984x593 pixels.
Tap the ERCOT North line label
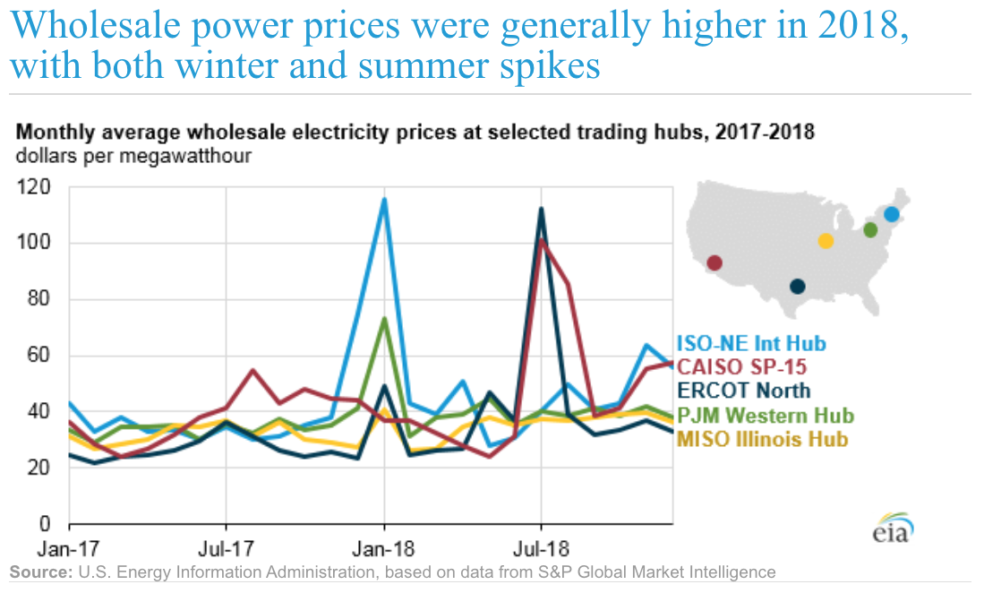(744, 390)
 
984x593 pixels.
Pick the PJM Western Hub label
(766, 416)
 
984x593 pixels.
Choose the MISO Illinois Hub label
(762, 439)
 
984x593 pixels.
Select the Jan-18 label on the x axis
(384, 547)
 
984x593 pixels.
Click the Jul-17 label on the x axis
(227, 547)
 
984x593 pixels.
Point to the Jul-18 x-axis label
(541, 547)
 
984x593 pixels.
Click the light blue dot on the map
(892, 214)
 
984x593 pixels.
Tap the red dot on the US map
(714, 262)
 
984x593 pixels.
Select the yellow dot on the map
(826, 241)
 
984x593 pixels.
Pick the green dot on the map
(869, 230)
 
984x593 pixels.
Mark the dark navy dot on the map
(797, 287)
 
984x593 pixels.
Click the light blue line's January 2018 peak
(384, 199)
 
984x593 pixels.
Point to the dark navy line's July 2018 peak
(541, 209)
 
